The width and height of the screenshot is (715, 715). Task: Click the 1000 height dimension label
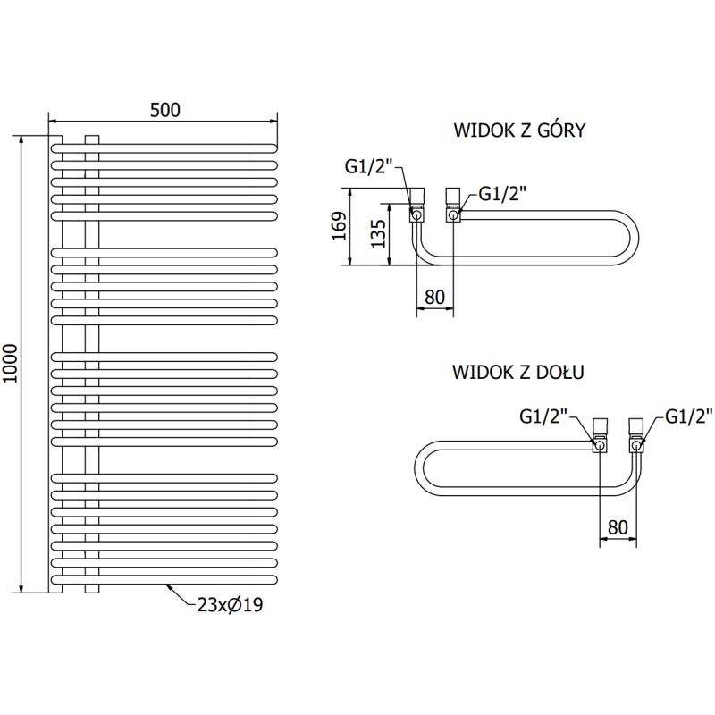[x=11, y=364]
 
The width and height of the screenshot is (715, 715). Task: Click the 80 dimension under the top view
[x=435, y=298]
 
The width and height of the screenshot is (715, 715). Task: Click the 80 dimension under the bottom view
[x=618, y=527]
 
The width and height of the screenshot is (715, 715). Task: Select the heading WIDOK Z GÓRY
[x=519, y=130]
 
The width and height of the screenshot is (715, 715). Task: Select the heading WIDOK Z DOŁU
[x=519, y=371]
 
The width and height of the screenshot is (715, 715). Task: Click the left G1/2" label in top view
[x=368, y=165]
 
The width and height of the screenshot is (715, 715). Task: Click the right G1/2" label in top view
[x=503, y=192]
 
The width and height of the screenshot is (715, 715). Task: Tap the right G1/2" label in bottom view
[x=688, y=416]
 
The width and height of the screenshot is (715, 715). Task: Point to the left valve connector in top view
[x=417, y=204]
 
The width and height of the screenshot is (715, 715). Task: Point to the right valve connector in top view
[x=452, y=204]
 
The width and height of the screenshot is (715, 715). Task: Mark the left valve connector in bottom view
[x=600, y=434]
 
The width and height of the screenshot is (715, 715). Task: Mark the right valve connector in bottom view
[x=636, y=434]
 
